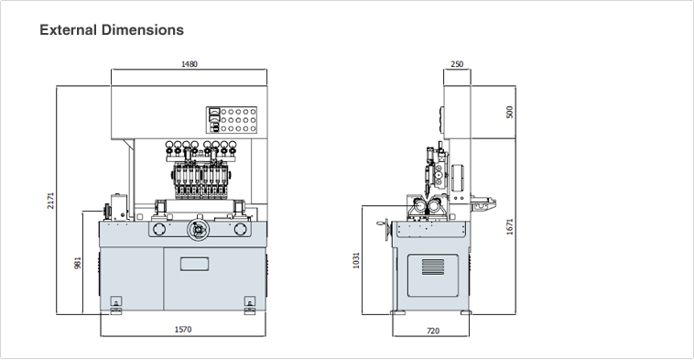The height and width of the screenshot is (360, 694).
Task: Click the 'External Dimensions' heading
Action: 112,30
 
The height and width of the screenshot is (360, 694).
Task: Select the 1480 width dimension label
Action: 190,65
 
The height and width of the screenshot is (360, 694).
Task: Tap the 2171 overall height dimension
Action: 52,200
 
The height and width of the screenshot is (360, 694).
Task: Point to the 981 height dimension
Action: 79,262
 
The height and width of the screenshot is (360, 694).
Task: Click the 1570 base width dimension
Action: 183,330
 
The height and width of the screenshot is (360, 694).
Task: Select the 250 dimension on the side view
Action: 457,65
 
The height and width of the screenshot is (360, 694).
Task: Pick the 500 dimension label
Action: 510,112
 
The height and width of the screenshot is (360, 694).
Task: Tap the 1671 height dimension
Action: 510,225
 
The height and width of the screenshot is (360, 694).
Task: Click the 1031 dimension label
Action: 359,260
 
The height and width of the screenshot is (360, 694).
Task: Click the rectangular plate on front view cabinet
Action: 194,265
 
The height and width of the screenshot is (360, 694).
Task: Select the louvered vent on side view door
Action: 432,267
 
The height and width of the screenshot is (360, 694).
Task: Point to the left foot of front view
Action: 115,304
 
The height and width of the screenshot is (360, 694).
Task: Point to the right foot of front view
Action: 249,304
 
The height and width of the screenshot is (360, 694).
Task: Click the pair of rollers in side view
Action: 426,212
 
